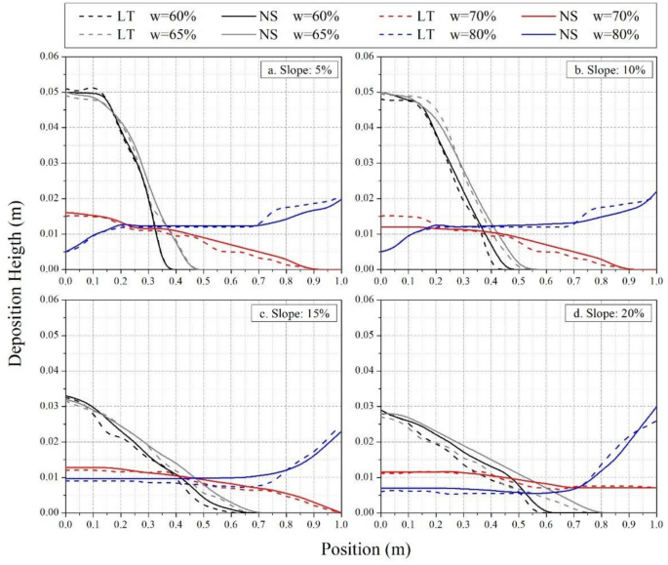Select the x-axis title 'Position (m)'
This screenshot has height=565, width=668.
(363, 548)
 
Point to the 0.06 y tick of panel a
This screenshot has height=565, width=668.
(46, 57)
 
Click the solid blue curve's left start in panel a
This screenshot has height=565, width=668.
(65, 252)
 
